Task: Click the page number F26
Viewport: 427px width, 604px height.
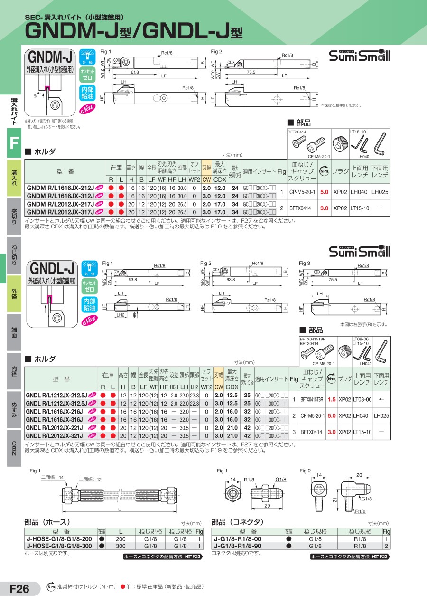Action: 19,589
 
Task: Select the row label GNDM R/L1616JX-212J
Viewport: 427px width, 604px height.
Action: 60,188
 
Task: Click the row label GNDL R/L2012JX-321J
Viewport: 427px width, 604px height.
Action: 57,435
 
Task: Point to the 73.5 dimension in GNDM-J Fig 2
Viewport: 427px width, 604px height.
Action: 251,72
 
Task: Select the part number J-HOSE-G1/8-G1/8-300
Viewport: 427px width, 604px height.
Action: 60,546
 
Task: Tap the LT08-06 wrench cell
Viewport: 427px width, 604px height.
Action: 362,399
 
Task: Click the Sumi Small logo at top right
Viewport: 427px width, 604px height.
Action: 359,56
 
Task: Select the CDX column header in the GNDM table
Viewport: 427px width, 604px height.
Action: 219,179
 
